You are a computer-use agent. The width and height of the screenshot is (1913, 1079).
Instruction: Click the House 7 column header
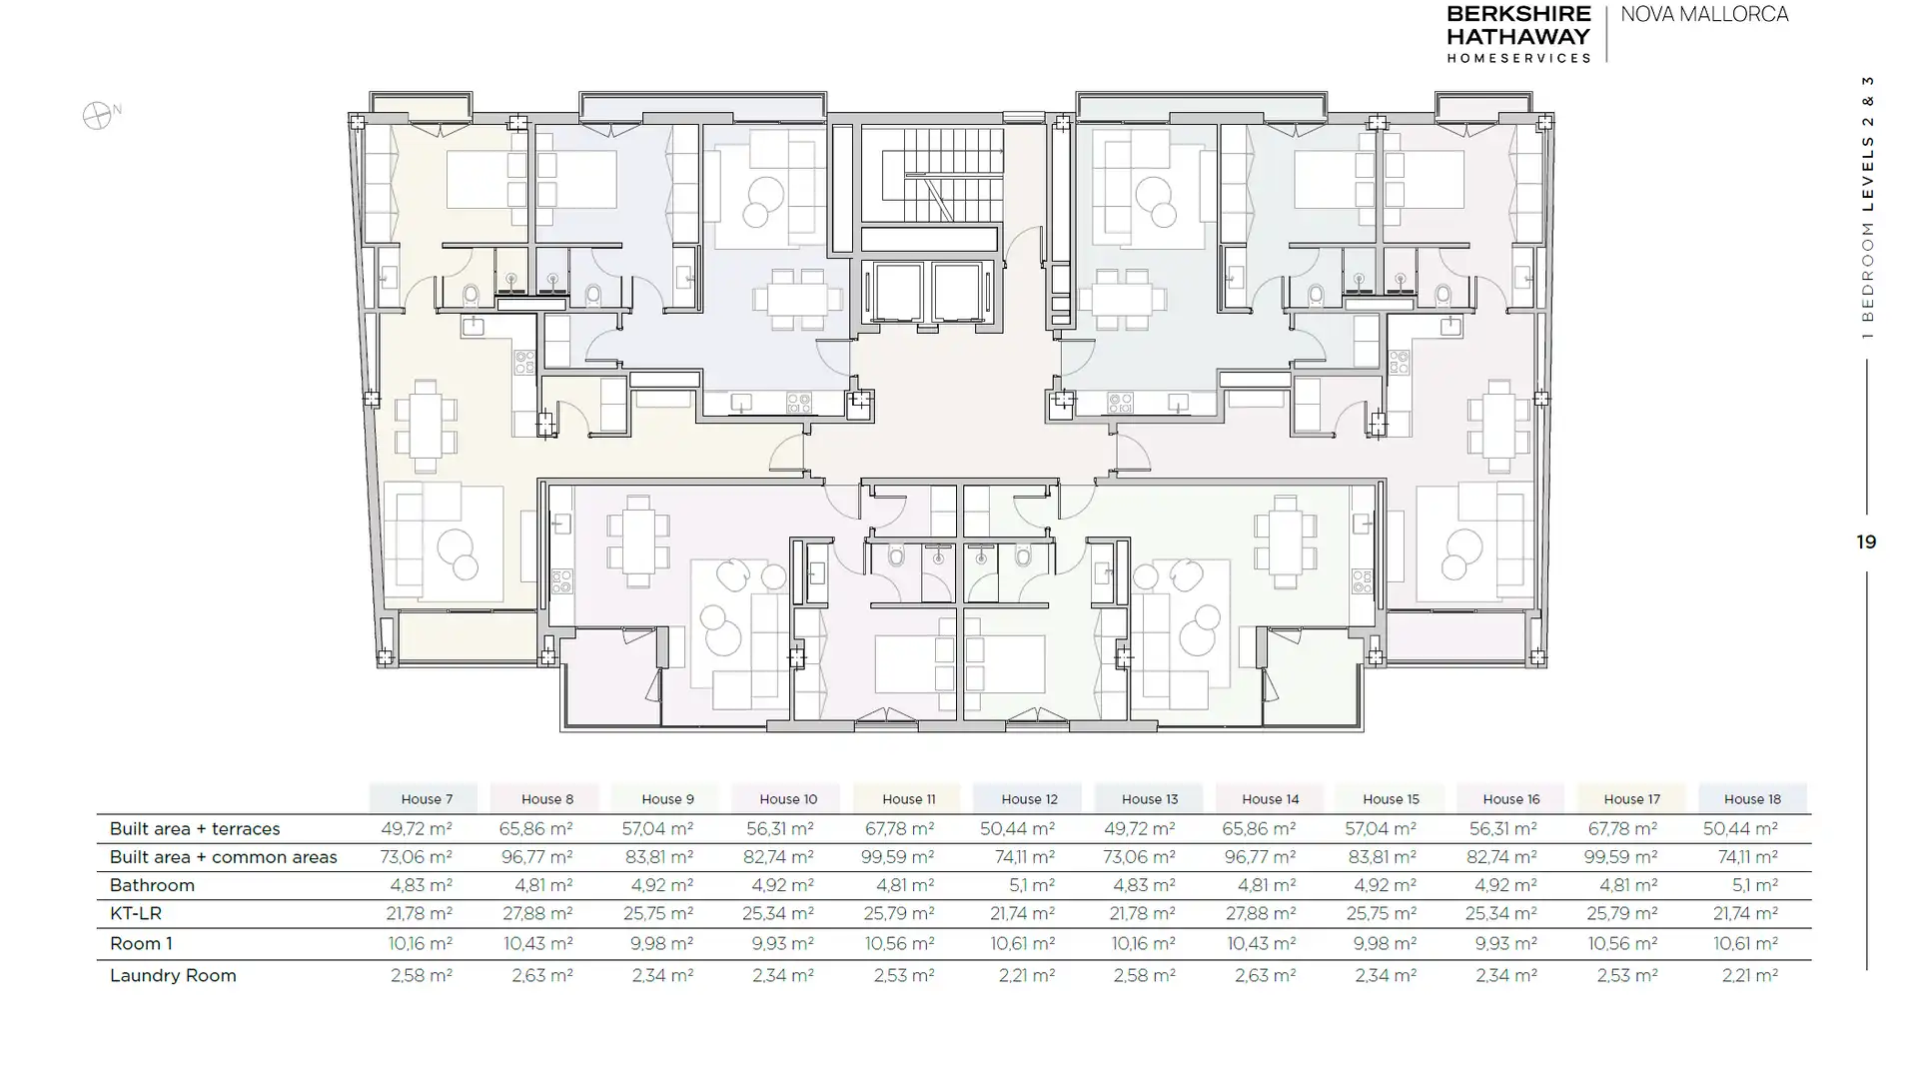coord(427,799)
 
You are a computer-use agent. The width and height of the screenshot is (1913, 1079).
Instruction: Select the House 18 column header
coord(1752,799)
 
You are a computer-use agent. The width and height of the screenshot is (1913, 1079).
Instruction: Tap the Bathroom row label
coord(152,885)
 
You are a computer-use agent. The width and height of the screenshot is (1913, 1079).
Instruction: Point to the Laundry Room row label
coord(173,975)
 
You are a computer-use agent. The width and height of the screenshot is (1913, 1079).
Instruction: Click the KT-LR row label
coord(135,913)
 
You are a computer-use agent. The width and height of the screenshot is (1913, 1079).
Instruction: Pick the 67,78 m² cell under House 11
coord(897,828)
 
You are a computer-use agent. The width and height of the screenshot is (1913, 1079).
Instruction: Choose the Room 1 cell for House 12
coord(1022,943)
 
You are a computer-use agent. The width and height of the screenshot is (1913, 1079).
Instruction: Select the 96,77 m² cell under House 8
coord(536,857)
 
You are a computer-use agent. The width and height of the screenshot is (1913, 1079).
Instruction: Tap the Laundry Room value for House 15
coord(1385,975)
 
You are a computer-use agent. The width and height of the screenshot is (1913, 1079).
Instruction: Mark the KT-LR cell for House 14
coord(1259,913)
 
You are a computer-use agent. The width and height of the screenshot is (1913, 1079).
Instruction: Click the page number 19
coord(1866,541)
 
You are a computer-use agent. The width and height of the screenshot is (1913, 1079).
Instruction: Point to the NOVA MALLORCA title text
coord(1704,15)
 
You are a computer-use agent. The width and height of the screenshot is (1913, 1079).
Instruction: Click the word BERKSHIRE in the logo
coord(1518,14)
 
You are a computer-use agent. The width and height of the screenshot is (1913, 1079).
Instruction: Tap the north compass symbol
coord(98,116)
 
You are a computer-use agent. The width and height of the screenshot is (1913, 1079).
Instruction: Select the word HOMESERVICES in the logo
coord(1518,58)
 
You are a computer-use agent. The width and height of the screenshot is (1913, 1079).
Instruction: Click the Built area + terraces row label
coord(195,829)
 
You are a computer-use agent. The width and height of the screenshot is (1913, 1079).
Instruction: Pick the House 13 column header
coord(1150,799)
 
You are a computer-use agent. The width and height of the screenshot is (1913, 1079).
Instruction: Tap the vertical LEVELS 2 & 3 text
coord(1867,144)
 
